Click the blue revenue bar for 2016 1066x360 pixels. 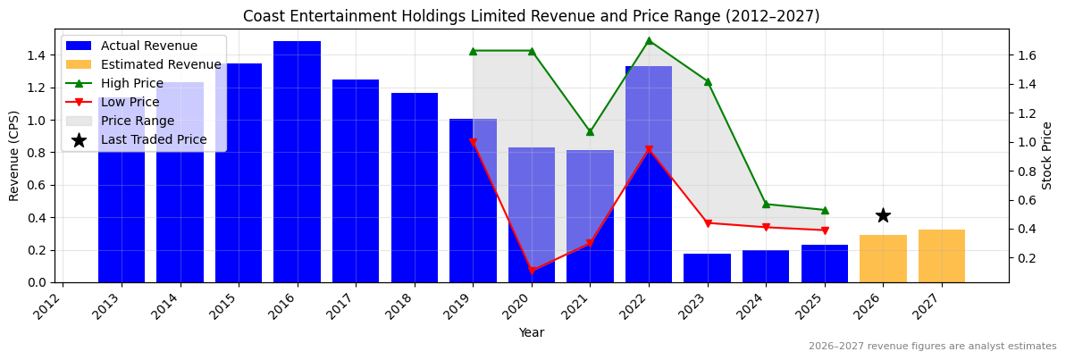297,162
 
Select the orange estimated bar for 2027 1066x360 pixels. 942,256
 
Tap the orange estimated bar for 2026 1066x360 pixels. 883,259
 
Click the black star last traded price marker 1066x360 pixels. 883,215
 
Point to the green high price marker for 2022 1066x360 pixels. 649,40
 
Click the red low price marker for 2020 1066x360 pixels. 532,271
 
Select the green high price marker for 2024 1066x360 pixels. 766,204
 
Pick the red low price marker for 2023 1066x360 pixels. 708,223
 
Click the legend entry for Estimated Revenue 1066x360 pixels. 161,64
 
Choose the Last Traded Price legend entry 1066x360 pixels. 153,139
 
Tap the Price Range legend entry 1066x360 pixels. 137,121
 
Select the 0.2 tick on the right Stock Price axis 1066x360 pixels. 1027,258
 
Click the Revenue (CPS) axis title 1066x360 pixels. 14,155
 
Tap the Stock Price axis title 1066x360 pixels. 1047,155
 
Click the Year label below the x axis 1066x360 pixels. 532,332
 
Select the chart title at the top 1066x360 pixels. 532,16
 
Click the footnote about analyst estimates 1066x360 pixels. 932,347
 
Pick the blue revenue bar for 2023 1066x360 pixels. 708,268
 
